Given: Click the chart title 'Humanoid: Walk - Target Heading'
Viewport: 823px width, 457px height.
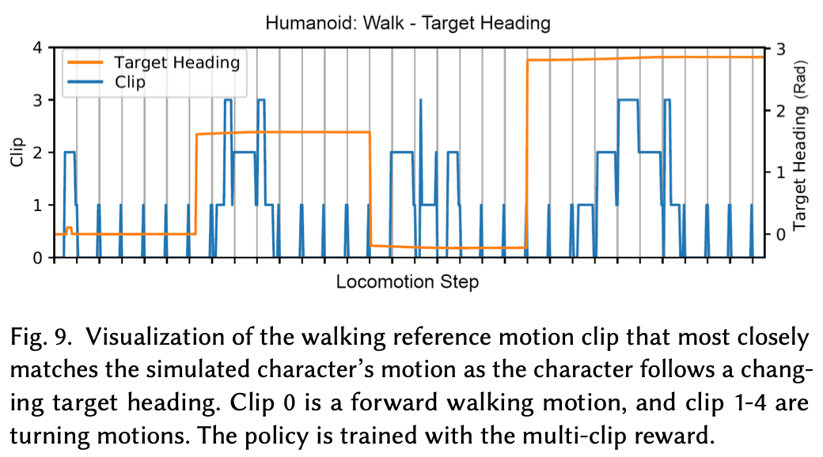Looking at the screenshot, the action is pos(408,22).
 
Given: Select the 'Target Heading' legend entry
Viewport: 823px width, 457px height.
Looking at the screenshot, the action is pos(176,61).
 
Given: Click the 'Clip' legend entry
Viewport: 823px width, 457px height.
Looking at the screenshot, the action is pos(130,81).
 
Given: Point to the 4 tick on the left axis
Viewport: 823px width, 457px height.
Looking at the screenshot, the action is pos(36,48).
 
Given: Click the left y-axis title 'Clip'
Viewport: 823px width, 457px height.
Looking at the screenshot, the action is pos(16,153).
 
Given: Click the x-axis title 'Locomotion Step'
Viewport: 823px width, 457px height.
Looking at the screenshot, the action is pos(407,282).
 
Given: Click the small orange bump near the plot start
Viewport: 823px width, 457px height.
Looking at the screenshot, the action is pos(68,228).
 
